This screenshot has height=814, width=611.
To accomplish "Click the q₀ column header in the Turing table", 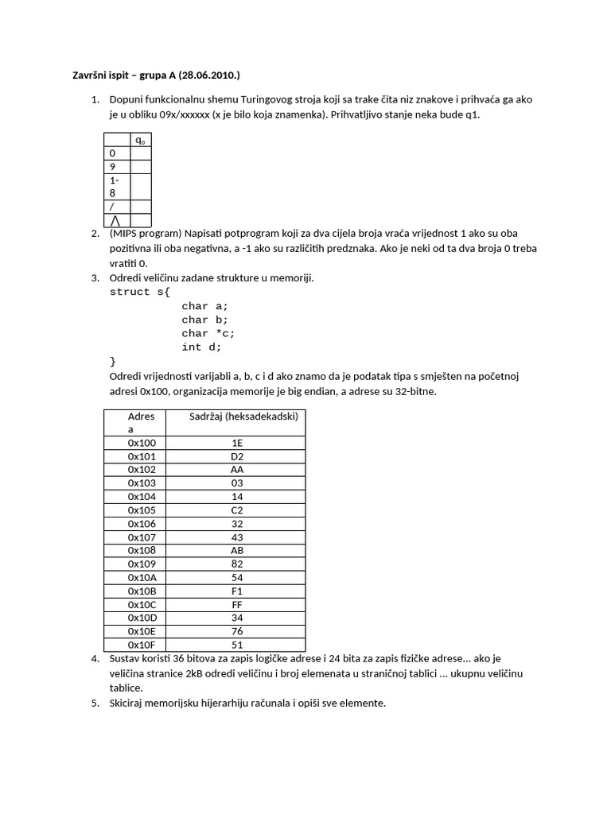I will (x=140, y=140).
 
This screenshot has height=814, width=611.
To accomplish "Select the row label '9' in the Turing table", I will (x=112, y=167).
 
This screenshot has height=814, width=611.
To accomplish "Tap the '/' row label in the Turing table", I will (x=112, y=206).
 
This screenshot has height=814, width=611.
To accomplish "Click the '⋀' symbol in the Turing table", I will (x=116, y=220).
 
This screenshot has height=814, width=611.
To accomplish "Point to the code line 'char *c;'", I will (x=208, y=333).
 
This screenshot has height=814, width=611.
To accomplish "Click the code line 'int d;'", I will (x=201, y=347).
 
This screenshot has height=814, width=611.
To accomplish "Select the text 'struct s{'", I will (x=140, y=292).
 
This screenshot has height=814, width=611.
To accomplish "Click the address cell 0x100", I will (x=142, y=443).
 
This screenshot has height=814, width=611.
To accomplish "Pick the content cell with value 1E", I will (x=237, y=443).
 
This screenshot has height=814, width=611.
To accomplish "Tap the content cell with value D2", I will (x=237, y=456).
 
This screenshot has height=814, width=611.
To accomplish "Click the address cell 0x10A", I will (x=142, y=577).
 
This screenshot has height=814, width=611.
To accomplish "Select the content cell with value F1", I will (x=237, y=591).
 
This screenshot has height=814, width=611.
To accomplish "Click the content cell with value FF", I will (x=237, y=604).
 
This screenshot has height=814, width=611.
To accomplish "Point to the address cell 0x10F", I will (x=142, y=645).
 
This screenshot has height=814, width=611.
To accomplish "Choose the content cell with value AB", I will (x=237, y=550).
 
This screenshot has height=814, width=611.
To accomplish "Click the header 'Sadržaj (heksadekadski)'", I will (x=243, y=417).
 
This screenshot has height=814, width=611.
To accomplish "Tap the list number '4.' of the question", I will (x=95, y=658).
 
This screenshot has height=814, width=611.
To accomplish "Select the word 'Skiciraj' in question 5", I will (x=129, y=703).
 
